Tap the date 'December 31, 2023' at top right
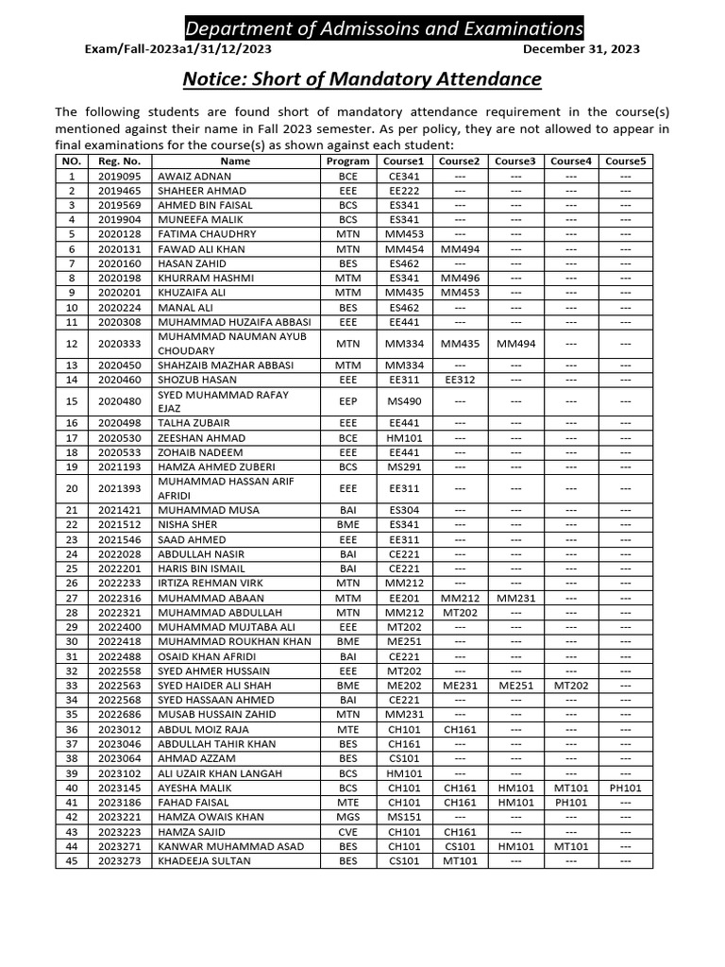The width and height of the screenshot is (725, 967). coord(581,49)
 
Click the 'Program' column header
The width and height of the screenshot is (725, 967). coord(348,161)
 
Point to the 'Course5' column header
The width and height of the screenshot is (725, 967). coord(626,161)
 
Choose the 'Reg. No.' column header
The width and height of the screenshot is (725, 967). coord(119,161)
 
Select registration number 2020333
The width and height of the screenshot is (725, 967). coord(119,344)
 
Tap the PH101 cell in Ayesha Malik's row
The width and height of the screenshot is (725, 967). coord(626,788)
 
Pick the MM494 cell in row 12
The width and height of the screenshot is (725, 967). coord(515,344)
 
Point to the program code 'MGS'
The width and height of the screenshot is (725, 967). coord(348,817)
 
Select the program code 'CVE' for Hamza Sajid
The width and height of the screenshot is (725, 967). coord(348,832)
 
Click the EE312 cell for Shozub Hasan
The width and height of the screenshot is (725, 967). coord(460,380)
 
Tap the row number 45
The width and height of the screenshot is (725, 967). coord(71,861)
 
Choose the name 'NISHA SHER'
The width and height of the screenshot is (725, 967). coord(189,525)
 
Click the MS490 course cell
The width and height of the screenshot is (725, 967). coord(404,401)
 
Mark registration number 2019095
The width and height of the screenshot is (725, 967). coord(119,177)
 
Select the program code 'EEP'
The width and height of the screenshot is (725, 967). coord(348,401)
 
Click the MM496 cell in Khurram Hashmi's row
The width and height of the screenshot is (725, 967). coord(460,279)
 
